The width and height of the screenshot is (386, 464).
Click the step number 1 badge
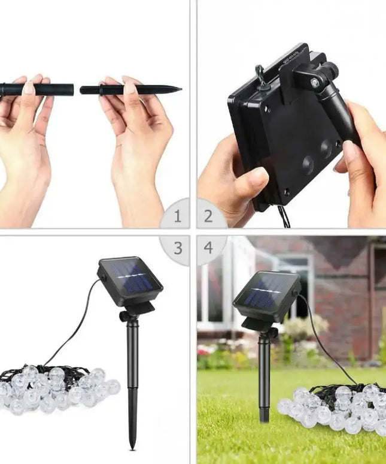177,216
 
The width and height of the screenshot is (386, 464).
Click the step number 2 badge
208,216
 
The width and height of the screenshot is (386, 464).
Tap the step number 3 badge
177,247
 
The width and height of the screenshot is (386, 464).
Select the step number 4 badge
208,247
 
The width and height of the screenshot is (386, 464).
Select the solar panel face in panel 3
132,278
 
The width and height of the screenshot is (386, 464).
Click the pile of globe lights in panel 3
57,390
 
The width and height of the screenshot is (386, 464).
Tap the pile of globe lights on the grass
335,408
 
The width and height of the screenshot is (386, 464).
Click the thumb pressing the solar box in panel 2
249,180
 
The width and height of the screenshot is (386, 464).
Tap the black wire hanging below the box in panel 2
284,217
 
